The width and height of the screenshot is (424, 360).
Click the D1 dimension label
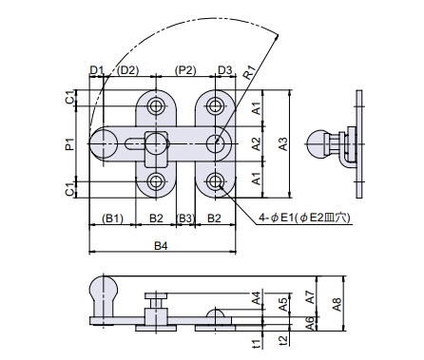click(96, 70)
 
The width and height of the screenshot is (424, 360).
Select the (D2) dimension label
click(127, 70)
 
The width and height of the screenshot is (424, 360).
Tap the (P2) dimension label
click(185, 70)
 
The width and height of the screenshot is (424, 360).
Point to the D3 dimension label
click(225, 70)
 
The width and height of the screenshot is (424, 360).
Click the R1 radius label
click(250, 73)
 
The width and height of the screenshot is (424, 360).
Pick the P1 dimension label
click(69, 144)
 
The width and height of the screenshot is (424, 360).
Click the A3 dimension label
click(283, 144)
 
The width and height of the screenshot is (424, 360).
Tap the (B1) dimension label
click(112, 218)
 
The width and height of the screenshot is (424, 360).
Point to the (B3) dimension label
click(185, 218)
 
